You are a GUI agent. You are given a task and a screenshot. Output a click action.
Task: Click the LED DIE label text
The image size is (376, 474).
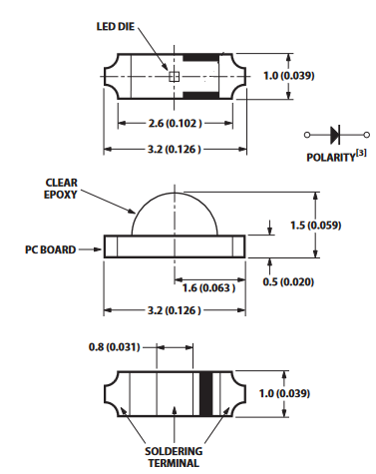pos(116,27)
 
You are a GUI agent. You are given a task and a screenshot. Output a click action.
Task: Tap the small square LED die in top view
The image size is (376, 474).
pos(175,77)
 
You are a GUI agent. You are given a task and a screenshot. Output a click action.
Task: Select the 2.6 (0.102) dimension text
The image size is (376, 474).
pos(175,124)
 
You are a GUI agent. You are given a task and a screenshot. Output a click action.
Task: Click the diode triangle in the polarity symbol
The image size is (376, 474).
pos(335,135)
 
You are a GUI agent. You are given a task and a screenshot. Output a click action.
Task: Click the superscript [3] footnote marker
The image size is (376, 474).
pos(361,153)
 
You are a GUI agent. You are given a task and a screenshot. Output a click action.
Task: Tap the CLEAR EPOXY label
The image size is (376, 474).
pos(61,189)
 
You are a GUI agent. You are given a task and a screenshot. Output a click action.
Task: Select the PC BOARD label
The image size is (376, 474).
pos(51,249)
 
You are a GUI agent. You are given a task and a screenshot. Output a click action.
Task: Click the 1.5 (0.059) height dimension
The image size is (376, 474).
pos(316,226)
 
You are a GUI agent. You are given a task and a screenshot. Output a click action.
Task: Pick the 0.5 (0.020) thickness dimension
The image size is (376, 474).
pos(288,282)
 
